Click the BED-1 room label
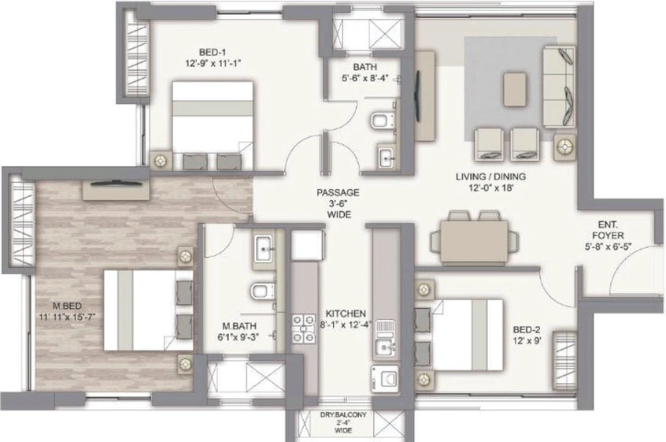click(213, 52)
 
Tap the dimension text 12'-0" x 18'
click(490, 188)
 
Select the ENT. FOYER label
click(608, 230)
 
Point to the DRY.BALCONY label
click(343, 414)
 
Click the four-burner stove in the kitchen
click(304, 329)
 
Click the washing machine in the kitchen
click(385, 378)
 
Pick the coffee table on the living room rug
click(515, 89)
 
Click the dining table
click(474, 241)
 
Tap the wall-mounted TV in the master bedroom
click(116, 184)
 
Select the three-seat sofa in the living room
click(560, 87)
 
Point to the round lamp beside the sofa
click(565, 147)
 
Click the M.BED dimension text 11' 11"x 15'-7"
click(66, 317)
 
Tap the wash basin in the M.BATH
click(265, 248)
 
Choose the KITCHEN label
click(346, 314)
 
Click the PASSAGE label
click(338, 192)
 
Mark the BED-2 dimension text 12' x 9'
click(527, 340)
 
